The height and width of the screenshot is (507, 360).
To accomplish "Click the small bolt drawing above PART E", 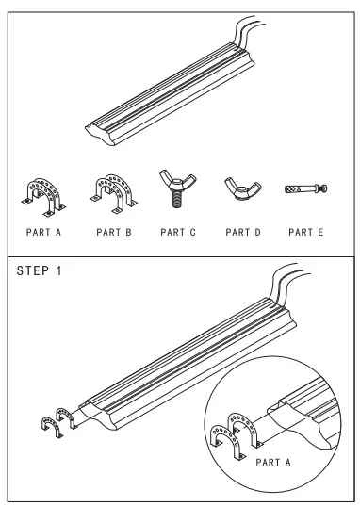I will [x=303, y=190].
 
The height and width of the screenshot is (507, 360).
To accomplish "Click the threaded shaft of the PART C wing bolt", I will [x=176, y=201].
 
